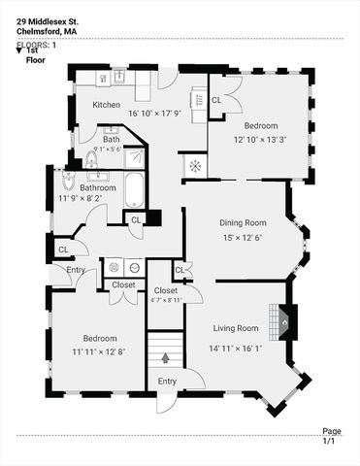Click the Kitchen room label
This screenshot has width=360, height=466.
106,104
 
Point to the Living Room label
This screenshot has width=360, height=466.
235,328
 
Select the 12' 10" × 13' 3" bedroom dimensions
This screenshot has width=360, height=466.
260,140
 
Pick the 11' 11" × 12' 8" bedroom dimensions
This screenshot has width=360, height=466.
99,352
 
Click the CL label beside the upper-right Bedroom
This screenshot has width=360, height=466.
216,100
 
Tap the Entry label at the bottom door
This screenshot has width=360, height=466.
167,382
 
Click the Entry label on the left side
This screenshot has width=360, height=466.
75,269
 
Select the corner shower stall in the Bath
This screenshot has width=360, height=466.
136,159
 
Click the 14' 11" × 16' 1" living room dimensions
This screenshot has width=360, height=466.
235,348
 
